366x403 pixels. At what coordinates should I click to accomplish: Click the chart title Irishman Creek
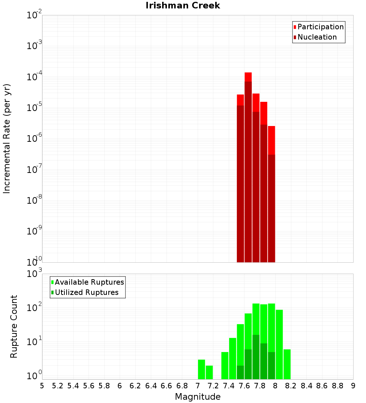pos(183,5)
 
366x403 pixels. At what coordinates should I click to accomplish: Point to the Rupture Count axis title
pos(14,326)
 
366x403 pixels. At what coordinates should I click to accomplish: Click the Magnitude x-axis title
pos(198,397)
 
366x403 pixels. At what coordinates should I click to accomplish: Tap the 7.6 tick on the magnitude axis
pos(244,386)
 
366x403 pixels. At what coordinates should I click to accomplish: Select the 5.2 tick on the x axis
pos(57,386)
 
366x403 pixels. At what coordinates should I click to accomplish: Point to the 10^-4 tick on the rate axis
pos(34,77)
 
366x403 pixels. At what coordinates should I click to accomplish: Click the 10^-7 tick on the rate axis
pos(34,170)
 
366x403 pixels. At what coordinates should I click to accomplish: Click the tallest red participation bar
pos(248,77)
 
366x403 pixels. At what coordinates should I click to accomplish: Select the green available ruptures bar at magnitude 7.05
pos(201,369)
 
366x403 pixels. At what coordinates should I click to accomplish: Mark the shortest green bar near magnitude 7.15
pos(209,372)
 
